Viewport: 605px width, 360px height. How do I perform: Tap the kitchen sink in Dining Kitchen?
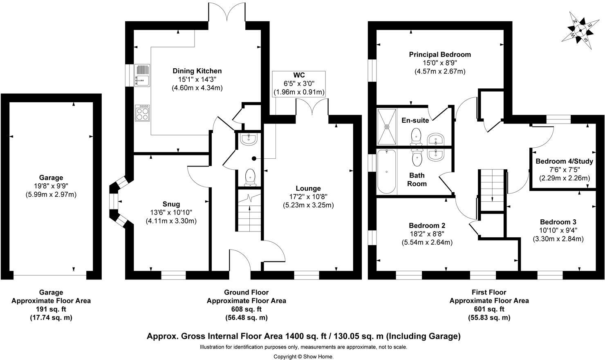pos(142,75)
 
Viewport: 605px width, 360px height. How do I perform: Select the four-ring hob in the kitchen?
pos(143,113)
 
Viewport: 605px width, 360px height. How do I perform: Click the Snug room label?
pos(171,204)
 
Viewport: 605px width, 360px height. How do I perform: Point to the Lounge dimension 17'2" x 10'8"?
pos(308,197)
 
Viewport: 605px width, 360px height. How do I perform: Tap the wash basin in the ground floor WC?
pos(249,139)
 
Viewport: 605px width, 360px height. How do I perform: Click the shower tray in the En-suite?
pos(386,126)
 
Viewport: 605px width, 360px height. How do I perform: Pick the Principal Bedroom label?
pos(440,54)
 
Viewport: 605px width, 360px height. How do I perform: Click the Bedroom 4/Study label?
pos(564,161)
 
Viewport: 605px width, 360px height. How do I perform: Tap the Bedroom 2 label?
pos(427,225)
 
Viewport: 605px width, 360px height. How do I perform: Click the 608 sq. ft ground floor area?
pos(246,309)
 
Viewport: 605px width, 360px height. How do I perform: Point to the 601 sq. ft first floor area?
pos(489,309)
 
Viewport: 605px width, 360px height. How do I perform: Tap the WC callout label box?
pos(299,84)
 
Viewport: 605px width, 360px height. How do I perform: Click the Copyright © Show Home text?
pos(303,356)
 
